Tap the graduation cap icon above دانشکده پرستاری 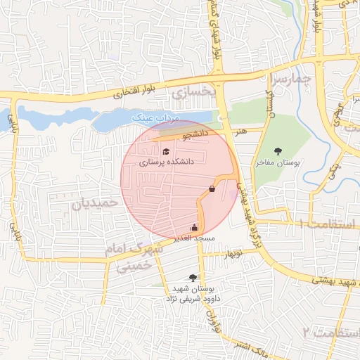(x=166, y=150)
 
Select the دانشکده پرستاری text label (x=166, y=162)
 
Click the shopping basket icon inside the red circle (x=212, y=188)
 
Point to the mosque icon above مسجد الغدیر (x=194, y=227)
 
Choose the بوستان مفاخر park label (x=278, y=162)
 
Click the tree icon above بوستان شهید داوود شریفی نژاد (x=193, y=278)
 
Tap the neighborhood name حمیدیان (x=91, y=203)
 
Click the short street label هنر (x=242, y=131)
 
